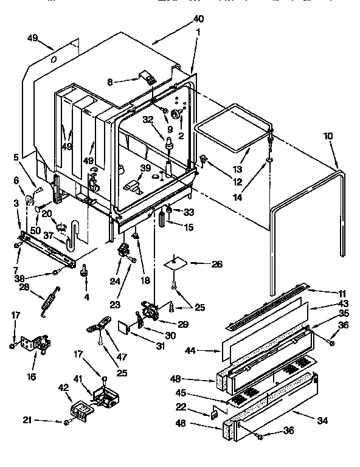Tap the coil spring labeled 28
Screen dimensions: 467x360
click(50, 300)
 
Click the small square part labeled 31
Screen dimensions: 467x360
click(125, 327)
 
